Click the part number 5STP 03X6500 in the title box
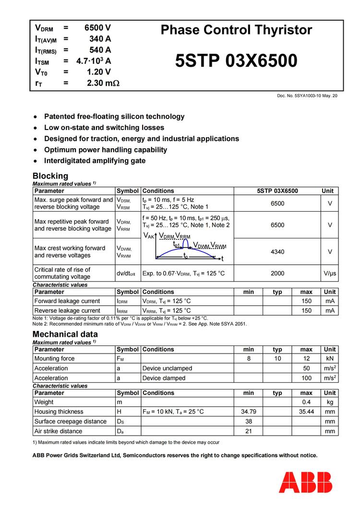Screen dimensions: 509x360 (236, 61)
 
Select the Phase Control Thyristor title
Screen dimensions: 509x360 (236, 30)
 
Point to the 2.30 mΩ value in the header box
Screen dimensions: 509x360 (103, 83)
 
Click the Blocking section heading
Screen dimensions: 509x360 (50, 176)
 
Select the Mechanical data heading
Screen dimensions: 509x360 (65, 334)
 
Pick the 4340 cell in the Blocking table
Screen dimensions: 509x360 (277, 251)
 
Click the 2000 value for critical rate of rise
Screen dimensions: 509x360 (277, 273)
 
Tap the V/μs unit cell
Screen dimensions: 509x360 (330, 273)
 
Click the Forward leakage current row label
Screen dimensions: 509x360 (67, 301)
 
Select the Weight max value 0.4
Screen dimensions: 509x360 (306, 402)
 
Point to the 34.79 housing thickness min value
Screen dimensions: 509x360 (249, 412)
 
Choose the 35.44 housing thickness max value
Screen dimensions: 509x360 (306, 412)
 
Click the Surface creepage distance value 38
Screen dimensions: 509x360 (249, 421)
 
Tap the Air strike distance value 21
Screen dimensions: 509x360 (249, 431)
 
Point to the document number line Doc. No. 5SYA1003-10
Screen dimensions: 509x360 (307, 96)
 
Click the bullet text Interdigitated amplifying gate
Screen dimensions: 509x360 (95, 161)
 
